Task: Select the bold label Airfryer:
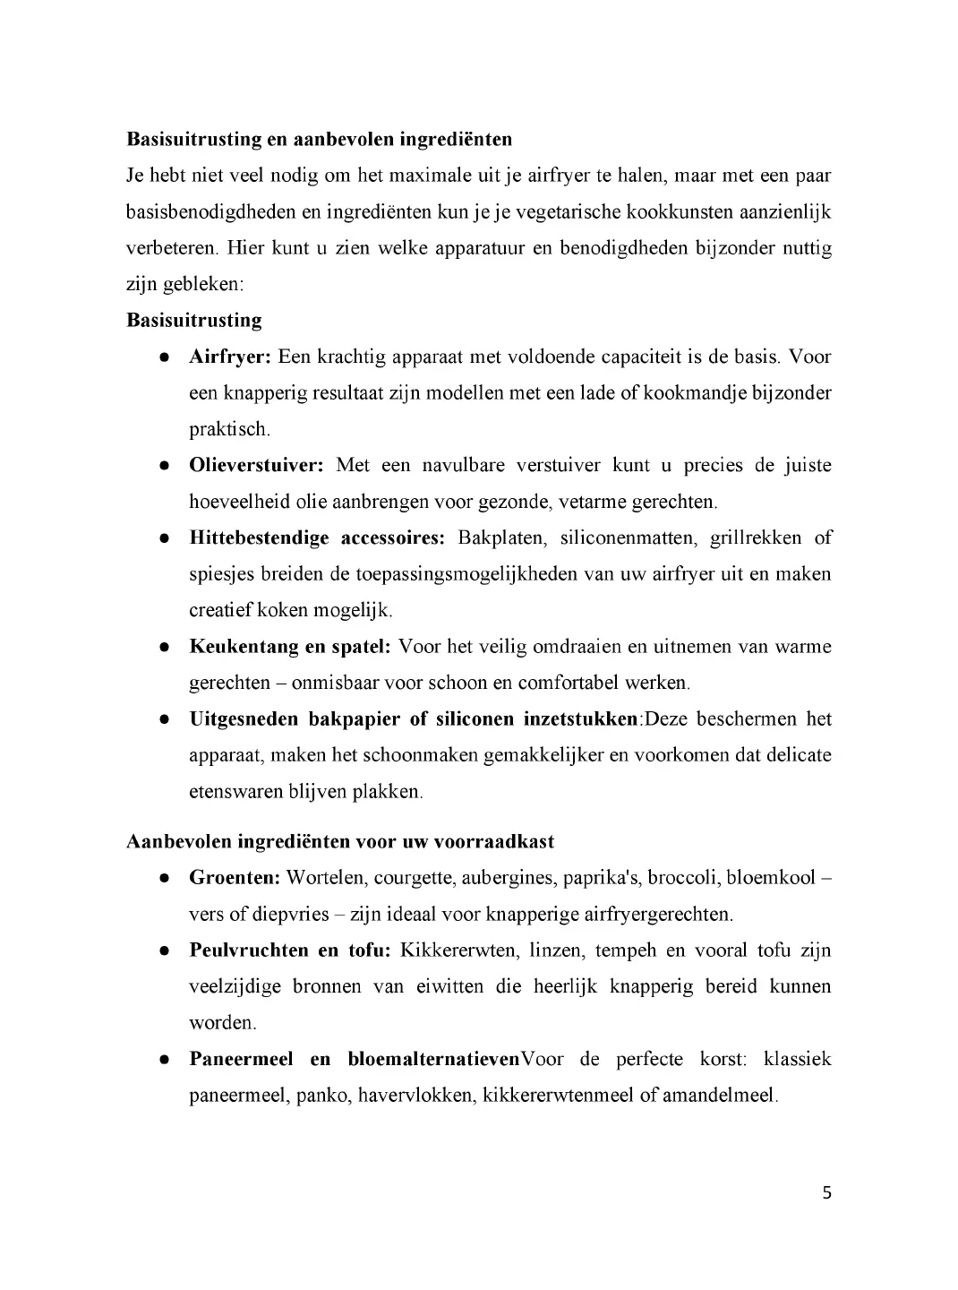(229, 357)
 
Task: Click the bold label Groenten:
(235, 877)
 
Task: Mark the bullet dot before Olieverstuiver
(165, 466)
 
